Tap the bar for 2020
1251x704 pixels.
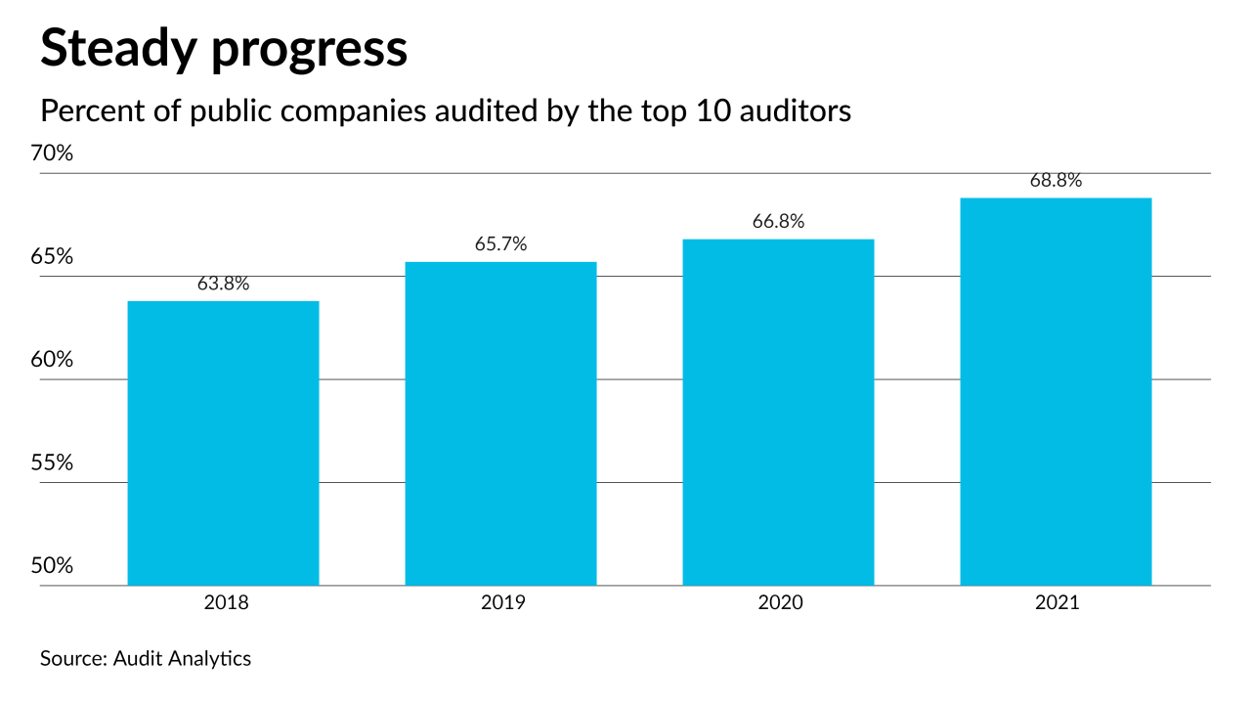point(778,412)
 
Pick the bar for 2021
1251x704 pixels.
point(1056,391)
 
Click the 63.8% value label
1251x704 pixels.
point(223,285)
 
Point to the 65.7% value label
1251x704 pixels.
point(500,244)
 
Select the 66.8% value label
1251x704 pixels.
point(778,222)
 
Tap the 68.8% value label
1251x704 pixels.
point(1056,181)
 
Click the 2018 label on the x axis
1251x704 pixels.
point(226,602)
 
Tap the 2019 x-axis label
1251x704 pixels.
point(502,602)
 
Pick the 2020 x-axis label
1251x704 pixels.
point(780,602)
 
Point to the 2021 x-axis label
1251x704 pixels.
point(1057,602)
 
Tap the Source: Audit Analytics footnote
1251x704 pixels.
point(146,658)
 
